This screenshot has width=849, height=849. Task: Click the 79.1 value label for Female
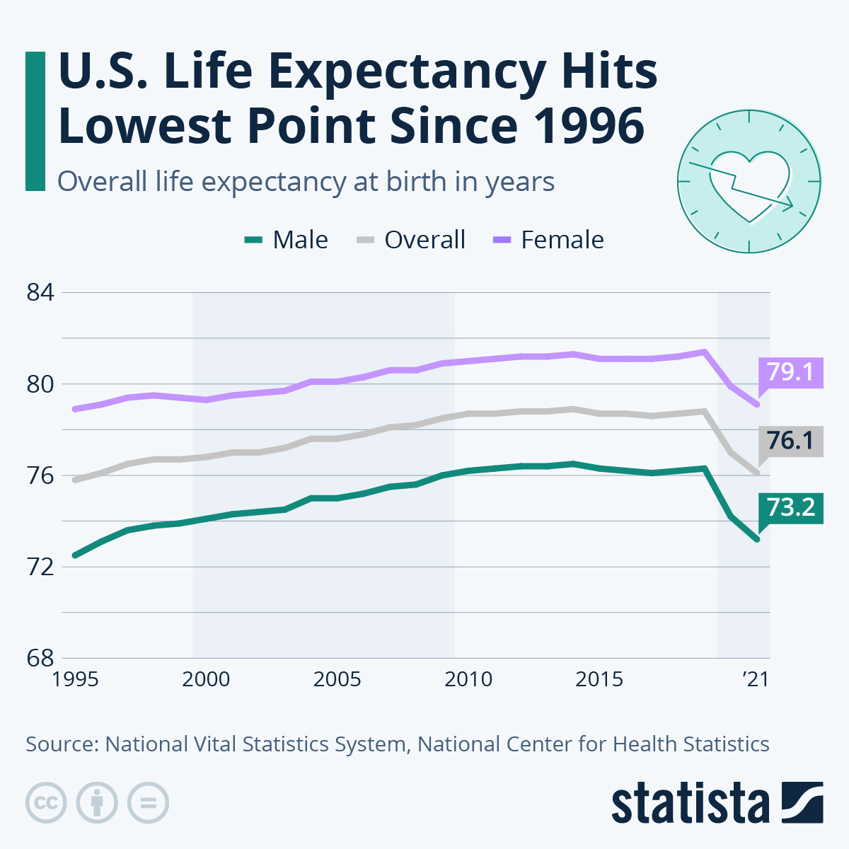[x=790, y=372]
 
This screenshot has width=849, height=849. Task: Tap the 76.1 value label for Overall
[x=790, y=441]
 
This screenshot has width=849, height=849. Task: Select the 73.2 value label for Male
[x=790, y=507]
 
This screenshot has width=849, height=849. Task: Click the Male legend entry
[x=287, y=240]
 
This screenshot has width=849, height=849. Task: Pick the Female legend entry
[x=548, y=240]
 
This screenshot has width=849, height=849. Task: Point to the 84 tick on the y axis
[x=40, y=293]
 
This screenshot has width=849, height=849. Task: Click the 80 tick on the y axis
[x=40, y=384]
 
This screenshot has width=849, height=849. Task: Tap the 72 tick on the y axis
[x=40, y=567]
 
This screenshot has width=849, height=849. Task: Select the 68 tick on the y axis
[x=40, y=658]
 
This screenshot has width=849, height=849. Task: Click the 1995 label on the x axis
[x=75, y=679]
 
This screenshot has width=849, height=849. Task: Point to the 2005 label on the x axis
[x=337, y=679]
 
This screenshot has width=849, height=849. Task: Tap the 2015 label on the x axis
[x=599, y=679]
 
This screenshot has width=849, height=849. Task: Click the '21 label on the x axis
[x=755, y=679]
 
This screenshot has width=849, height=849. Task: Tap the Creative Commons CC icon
[x=46, y=803]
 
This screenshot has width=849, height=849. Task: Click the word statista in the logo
[x=691, y=804]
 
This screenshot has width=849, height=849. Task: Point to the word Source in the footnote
[x=61, y=744]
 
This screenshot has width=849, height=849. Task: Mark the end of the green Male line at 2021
[x=757, y=540]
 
